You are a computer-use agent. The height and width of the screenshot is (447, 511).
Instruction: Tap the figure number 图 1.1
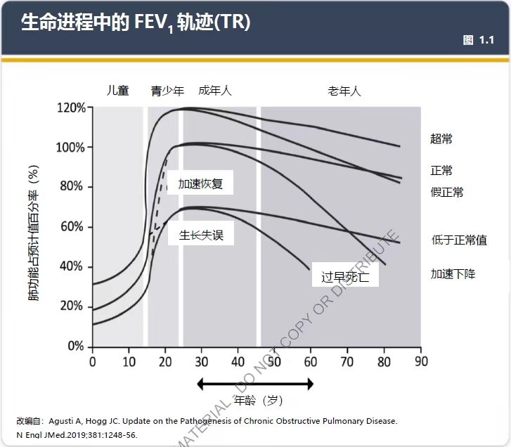[478, 40]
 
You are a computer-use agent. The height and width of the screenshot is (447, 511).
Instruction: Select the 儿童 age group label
[117, 91]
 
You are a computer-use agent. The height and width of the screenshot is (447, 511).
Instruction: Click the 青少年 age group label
[167, 91]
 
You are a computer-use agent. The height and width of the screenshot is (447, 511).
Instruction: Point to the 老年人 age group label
[344, 91]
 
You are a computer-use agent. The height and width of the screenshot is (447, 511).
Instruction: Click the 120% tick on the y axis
[71, 108]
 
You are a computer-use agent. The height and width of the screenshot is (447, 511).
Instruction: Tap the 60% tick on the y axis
[74, 227]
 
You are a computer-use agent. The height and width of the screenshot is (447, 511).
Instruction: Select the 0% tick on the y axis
[76, 346]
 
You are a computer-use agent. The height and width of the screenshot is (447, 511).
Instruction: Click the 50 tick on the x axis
[274, 361]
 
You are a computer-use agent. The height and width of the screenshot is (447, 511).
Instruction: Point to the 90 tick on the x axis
[420, 361]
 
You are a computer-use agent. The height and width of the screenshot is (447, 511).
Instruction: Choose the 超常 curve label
[441, 138]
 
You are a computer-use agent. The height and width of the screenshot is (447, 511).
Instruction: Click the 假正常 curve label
[446, 192]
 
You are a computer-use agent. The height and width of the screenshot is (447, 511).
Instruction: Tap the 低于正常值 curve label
[458, 240]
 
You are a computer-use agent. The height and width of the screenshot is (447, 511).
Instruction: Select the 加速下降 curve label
[452, 273]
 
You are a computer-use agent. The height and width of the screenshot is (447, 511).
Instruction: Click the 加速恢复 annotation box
[200, 184]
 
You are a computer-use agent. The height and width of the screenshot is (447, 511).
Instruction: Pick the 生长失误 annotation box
[200, 235]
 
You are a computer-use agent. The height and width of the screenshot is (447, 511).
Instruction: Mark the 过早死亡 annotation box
[344, 276]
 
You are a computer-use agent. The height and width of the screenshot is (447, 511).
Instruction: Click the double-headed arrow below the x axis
[255, 384]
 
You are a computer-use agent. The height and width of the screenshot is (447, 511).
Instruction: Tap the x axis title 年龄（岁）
[258, 401]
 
